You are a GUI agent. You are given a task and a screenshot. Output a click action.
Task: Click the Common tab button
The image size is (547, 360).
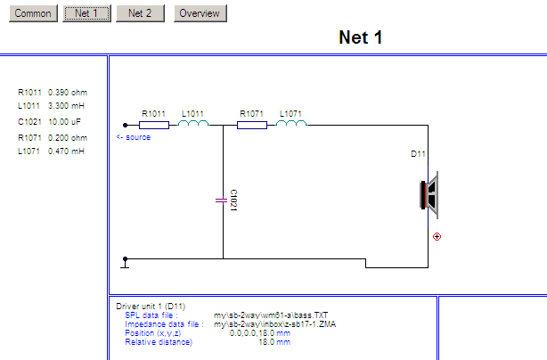(x=33, y=13)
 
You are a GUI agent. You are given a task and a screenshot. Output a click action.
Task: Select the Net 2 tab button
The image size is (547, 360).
(x=139, y=13)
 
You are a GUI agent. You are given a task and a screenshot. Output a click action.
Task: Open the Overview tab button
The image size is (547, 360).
(x=200, y=13)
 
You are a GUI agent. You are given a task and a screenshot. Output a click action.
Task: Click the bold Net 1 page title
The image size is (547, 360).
(x=361, y=37)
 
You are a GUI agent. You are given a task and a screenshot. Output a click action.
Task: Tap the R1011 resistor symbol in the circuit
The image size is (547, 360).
(x=154, y=125)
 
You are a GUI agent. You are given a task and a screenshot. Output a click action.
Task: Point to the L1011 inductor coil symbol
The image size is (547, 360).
(x=193, y=124)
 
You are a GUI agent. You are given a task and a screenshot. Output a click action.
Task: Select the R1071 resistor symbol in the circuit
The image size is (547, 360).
(x=252, y=125)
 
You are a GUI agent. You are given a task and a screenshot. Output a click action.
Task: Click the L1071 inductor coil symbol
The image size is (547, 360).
(x=291, y=124)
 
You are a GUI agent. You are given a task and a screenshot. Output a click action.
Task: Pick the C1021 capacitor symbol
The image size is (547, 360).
(x=222, y=200)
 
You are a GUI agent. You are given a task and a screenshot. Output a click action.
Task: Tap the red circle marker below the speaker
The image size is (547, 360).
(x=437, y=237)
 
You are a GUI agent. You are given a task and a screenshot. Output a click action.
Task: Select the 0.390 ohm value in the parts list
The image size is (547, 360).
(x=68, y=92)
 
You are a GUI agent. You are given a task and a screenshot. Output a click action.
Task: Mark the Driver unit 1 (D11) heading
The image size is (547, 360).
(x=151, y=307)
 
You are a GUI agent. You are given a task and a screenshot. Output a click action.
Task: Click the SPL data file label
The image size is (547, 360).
(x=151, y=315)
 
